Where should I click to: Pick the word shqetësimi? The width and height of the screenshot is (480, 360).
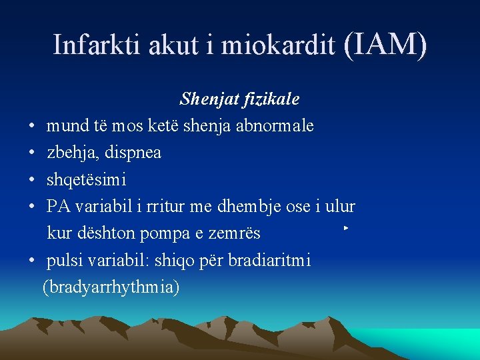click(x=86, y=180)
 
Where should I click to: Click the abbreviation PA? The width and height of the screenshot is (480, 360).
click(x=58, y=206)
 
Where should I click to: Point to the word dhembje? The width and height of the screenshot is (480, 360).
click(x=248, y=207)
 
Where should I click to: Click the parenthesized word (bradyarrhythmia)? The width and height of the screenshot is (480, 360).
click(x=111, y=287)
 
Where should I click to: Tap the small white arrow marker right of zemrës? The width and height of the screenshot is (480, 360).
click(x=346, y=229)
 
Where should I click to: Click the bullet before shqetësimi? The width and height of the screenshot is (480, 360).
click(x=32, y=180)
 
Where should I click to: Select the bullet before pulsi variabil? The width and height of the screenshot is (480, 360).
click(x=32, y=260)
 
